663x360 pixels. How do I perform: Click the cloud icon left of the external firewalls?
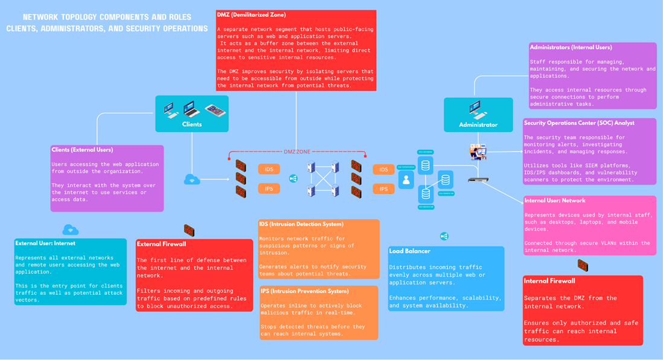click(192, 179)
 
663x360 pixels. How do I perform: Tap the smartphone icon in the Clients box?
click(215, 111)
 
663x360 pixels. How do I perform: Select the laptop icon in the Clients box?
click(192, 109)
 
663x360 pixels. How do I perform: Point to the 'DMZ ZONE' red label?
click(296, 152)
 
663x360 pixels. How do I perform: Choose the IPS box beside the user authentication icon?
click(383, 189)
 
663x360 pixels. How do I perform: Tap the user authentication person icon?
click(406, 179)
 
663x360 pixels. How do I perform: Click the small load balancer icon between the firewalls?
click(293, 179)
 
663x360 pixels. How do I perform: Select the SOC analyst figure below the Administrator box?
click(478, 152)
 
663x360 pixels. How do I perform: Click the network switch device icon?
click(478, 180)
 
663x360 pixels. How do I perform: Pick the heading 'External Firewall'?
click(161, 244)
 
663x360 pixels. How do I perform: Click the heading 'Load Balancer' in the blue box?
click(409, 251)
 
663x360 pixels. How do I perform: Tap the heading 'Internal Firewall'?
click(549, 281)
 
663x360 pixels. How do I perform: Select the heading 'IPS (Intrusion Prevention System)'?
click(304, 291)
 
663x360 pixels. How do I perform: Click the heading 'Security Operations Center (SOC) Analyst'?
click(579, 123)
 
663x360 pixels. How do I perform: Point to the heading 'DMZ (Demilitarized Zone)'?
click(251, 14)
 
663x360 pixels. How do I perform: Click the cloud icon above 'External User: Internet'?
click(71, 230)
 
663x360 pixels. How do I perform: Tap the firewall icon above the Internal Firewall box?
click(583, 265)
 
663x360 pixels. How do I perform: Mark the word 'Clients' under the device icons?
click(192, 124)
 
